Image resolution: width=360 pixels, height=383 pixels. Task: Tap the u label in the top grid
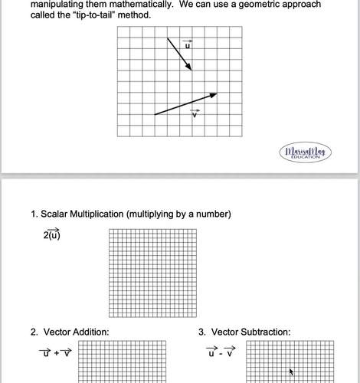188,45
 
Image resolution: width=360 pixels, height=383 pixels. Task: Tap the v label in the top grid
195,113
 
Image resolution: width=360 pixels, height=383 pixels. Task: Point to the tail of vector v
155,114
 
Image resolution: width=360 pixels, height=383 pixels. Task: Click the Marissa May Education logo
306,152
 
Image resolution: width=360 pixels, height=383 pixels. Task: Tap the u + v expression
55,353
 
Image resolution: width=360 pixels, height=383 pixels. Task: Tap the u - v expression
222,353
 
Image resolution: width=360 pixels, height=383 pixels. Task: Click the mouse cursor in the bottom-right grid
291,372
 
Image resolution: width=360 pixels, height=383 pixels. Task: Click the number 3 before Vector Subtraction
201,332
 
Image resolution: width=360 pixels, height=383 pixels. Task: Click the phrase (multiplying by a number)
178,214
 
